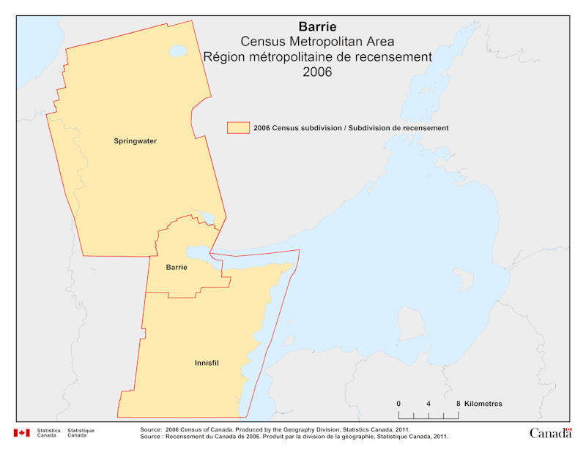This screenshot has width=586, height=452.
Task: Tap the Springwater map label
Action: coord(135,140)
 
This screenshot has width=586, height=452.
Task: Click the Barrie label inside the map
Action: coord(177,268)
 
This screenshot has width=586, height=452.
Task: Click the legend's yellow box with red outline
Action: coord(238,127)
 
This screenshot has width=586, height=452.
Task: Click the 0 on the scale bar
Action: coord(398,404)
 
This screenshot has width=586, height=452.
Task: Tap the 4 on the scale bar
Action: coord(429,404)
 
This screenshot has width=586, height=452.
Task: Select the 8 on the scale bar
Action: coord(459,404)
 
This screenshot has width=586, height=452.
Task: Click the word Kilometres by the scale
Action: coord(484,404)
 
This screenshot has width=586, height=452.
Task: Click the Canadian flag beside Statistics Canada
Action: coord(21,433)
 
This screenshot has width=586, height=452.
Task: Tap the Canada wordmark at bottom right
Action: coord(550,433)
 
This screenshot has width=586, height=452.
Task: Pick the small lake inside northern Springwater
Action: coord(177,52)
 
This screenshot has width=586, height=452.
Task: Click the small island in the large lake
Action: coord(463,278)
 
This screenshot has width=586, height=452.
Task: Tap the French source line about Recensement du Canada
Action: coord(293,437)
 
